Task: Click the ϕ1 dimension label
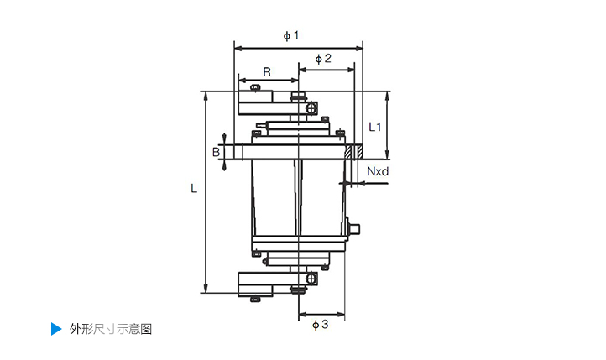(291, 35)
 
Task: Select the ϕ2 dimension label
(323, 59)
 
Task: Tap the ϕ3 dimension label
(319, 324)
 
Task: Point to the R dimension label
(267, 72)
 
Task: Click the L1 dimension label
(375, 127)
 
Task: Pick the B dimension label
(216, 152)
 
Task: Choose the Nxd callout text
(379, 172)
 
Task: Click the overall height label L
(194, 190)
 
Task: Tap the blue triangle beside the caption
(55, 328)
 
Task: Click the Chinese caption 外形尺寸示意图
(111, 329)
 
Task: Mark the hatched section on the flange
(355, 152)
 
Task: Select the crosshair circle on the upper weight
(311, 108)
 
